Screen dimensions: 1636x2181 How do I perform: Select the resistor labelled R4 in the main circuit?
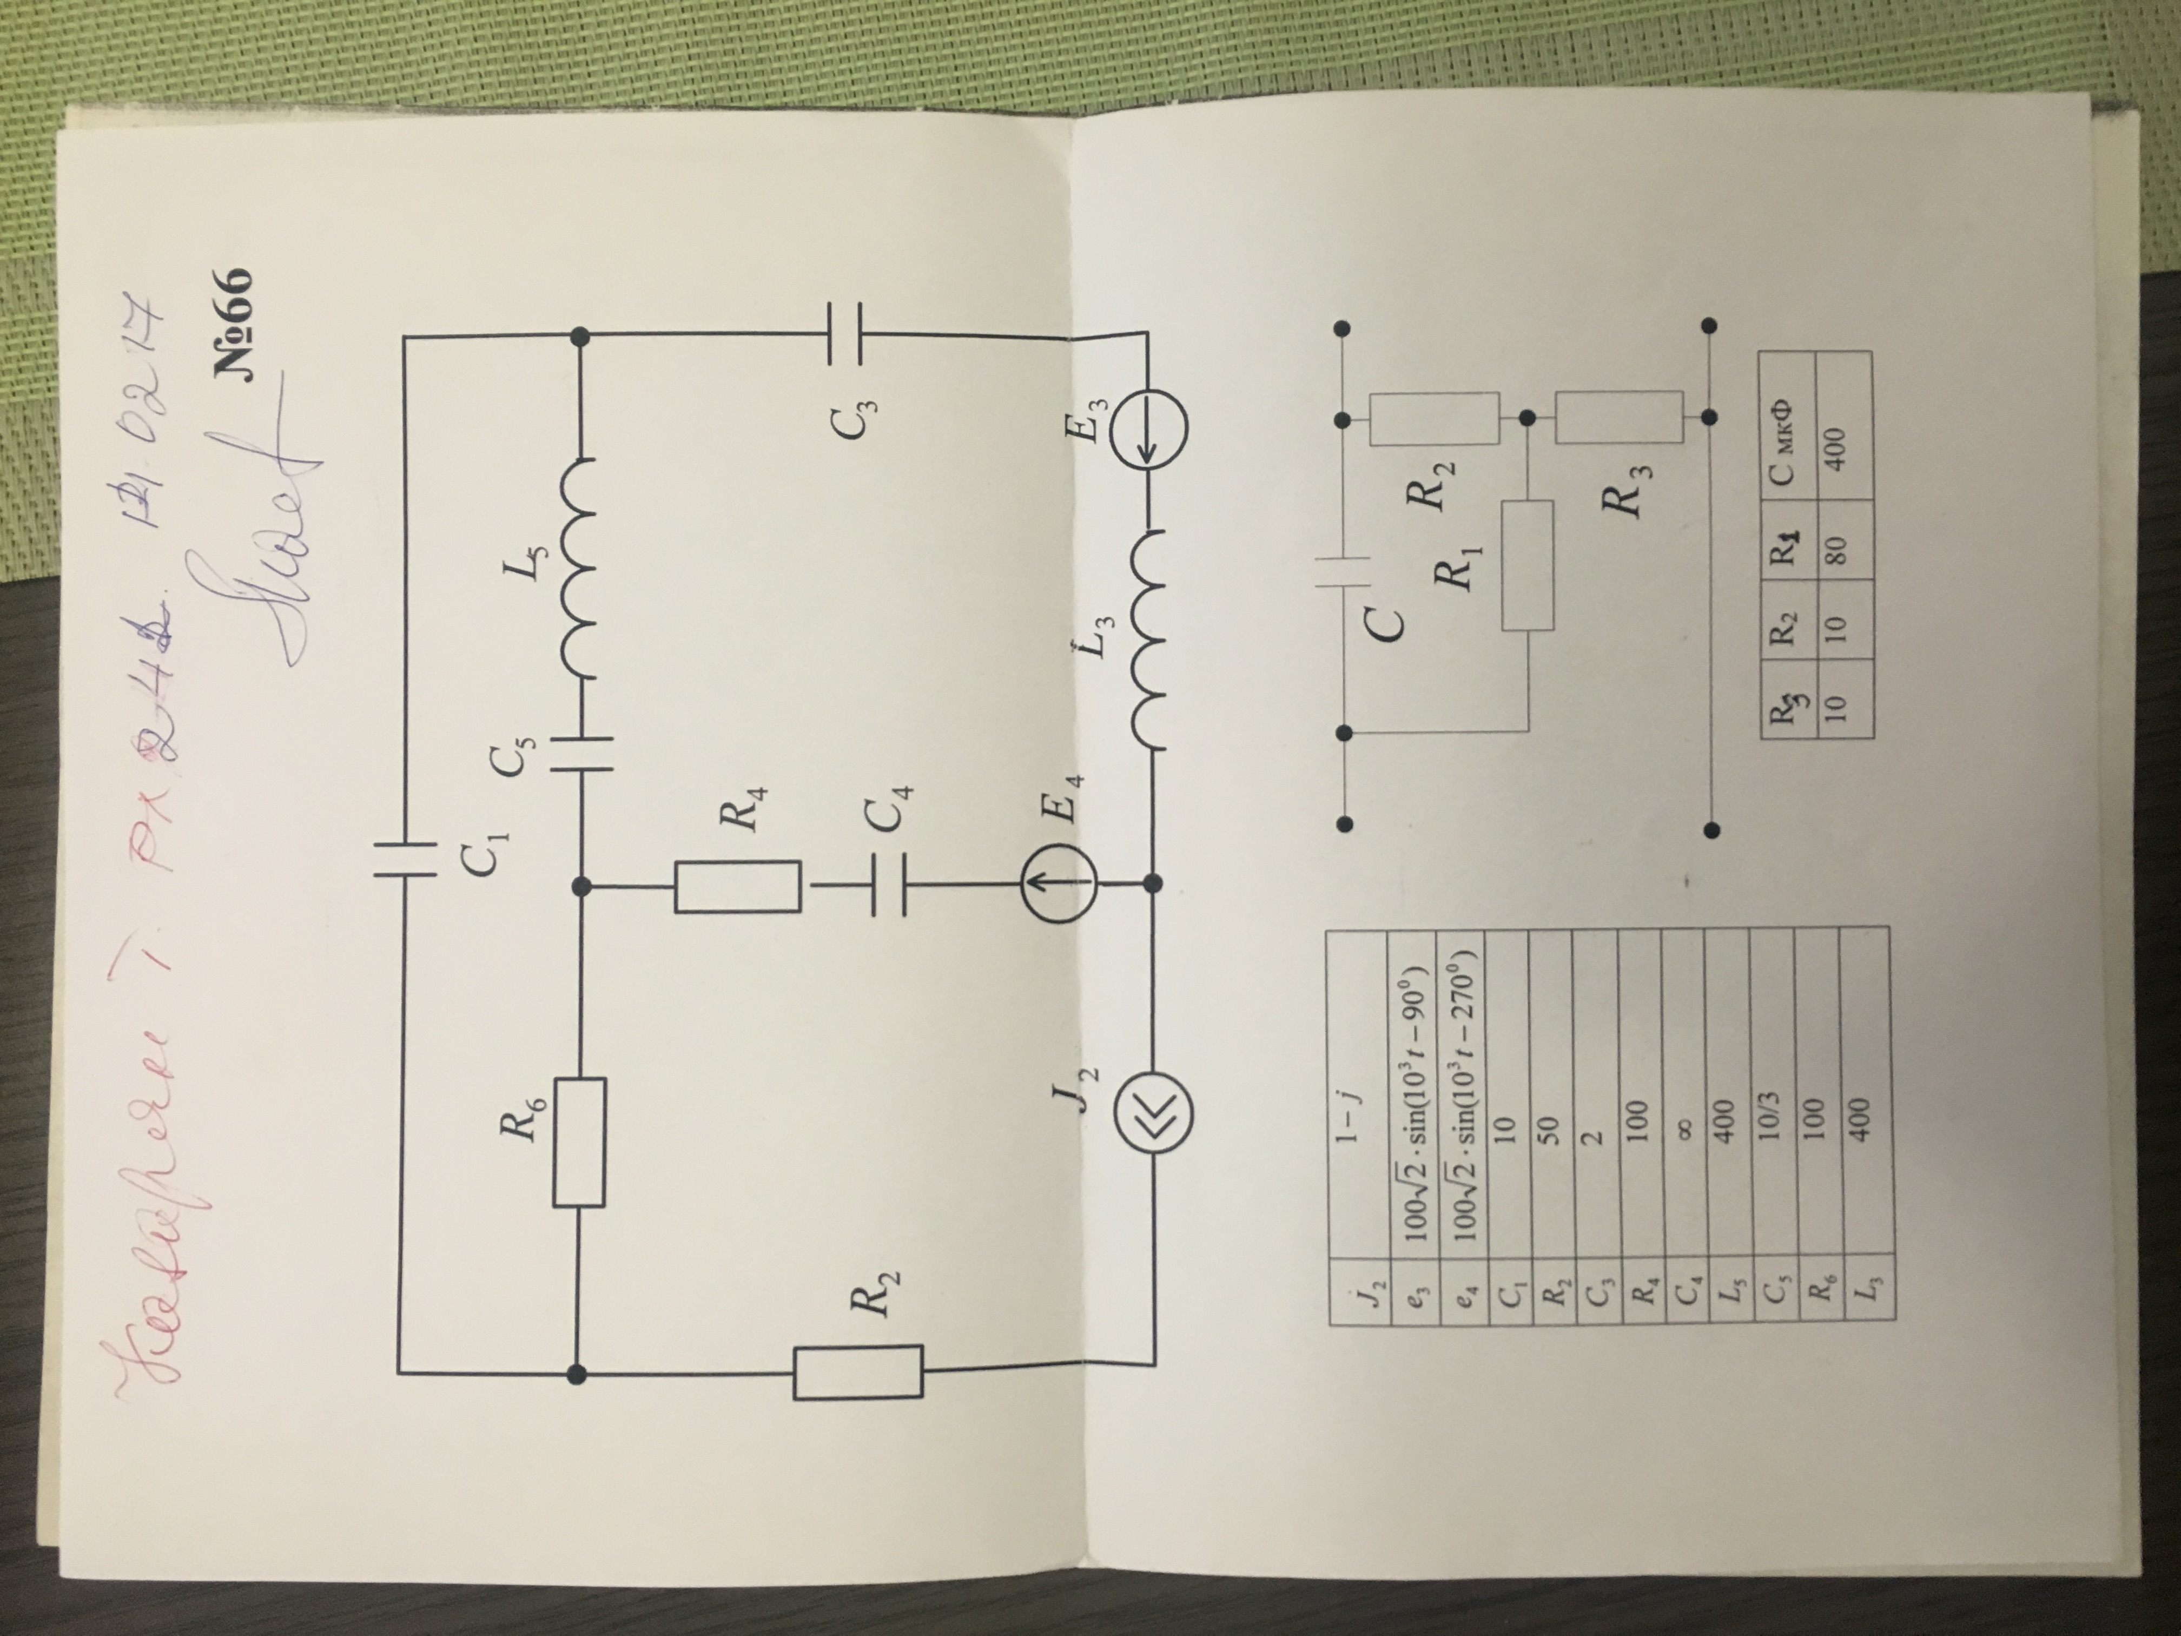click(737, 888)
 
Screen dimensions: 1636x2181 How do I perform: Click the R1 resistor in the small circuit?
click(1527, 564)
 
